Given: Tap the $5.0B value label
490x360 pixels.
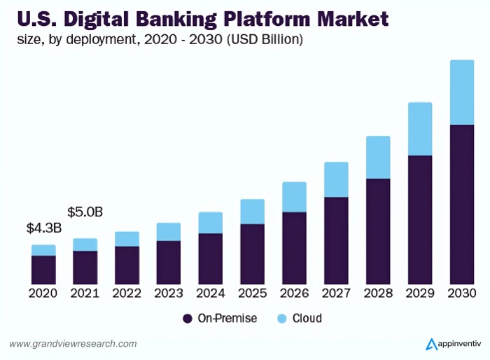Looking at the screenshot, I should tap(85, 212).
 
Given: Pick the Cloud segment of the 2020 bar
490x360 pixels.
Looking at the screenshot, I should tap(43, 250).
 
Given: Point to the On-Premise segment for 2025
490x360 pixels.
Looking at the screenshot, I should tap(253, 254).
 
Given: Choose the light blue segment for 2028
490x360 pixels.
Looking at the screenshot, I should tap(379, 157).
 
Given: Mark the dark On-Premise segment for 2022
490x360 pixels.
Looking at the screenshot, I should tap(127, 265).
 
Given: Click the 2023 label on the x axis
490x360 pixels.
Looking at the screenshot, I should tap(169, 293).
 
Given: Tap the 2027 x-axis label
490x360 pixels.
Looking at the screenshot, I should tap(336, 293).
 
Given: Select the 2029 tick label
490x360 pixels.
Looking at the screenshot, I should tap(420, 293).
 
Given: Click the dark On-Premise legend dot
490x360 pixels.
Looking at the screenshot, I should tap(187, 319).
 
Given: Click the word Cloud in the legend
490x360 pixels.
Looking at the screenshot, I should tap(307, 319).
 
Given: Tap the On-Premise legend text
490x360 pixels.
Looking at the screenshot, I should tap(227, 319).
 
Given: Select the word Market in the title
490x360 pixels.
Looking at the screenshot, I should tap(354, 18).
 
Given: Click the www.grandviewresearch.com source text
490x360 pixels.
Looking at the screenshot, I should tap(73, 344).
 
